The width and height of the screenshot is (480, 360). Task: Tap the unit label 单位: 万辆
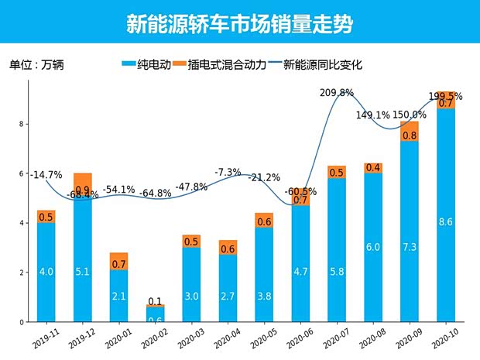pyautogui.click(x=36, y=65)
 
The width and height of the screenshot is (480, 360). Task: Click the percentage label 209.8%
pyautogui.click(x=337, y=93)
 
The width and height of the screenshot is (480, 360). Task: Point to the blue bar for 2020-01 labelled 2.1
pyautogui.click(x=118, y=295)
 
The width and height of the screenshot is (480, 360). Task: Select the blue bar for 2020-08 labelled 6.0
pyautogui.click(x=373, y=248)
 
